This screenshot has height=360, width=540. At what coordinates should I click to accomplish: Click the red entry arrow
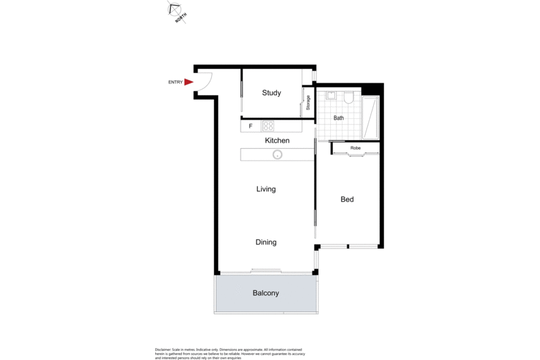[x=189, y=82]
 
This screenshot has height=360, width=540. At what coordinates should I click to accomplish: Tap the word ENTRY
[x=176, y=83]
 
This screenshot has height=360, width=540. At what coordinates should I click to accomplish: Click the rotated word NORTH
[x=181, y=20]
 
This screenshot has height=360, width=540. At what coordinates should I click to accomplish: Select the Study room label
[x=271, y=93]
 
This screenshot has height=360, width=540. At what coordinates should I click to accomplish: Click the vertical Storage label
[x=308, y=103]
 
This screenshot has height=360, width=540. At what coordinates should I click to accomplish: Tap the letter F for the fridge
[x=251, y=126]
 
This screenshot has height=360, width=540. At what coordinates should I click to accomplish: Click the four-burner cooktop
[x=269, y=126]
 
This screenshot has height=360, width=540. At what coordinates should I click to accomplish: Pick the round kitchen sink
[x=278, y=154]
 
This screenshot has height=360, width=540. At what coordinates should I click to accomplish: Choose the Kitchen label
[x=278, y=141]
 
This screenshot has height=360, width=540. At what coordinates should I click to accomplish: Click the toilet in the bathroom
[x=348, y=98]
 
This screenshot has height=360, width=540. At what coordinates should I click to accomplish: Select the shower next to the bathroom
[x=372, y=117]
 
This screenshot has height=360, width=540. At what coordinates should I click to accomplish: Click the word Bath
[x=338, y=118]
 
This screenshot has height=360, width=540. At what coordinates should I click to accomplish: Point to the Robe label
[x=355, y=148]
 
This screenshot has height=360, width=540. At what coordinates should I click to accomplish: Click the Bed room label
[x=347, y=199]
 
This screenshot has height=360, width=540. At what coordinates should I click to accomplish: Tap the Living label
[x=266, y=189]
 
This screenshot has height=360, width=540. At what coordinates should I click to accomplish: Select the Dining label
[x=266, y=242]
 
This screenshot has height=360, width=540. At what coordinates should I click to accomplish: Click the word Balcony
[x=266, y=293]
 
